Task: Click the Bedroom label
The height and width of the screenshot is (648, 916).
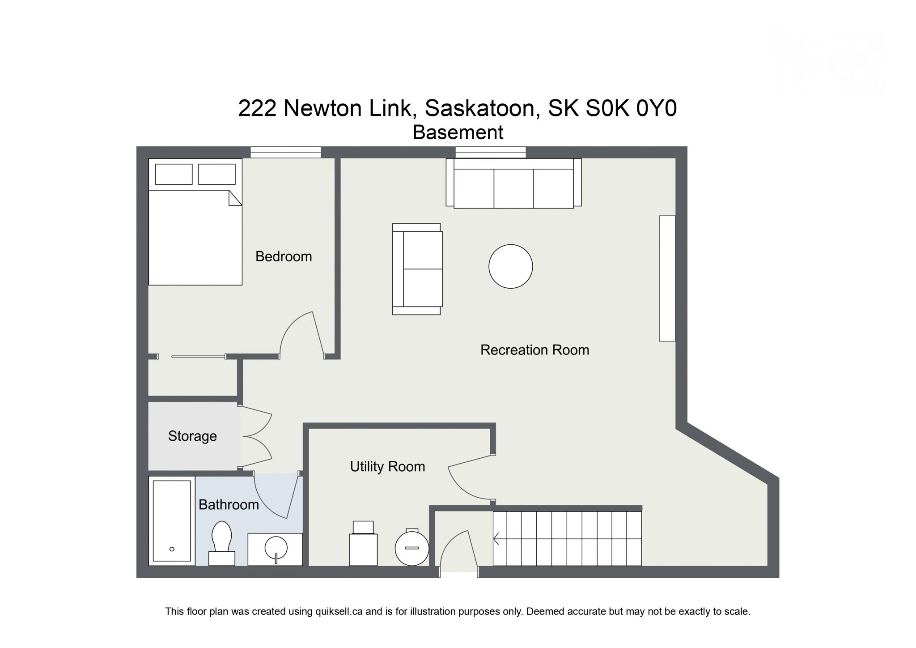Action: pos(284,256)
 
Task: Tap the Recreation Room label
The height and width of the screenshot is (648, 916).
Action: pos(534,350)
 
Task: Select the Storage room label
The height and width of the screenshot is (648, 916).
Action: pos(192,436)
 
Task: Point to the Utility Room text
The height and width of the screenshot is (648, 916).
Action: pos(387,466)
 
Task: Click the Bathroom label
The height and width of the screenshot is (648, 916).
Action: pos(229,505)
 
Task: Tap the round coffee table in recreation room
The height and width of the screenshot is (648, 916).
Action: pos(510,266)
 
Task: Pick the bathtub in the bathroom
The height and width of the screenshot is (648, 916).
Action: pos(172,521)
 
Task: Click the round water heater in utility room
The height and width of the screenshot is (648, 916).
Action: pos(412,548)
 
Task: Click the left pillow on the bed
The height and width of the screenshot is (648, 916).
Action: pos(174,174)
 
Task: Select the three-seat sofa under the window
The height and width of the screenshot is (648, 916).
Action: pos(513,183)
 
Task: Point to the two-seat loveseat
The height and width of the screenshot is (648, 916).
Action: pos(417,269)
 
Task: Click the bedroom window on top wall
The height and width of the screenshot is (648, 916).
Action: pos(285,152)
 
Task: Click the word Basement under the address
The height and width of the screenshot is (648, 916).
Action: pos(458,132)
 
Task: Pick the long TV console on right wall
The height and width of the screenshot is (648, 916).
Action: pos(667,278)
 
